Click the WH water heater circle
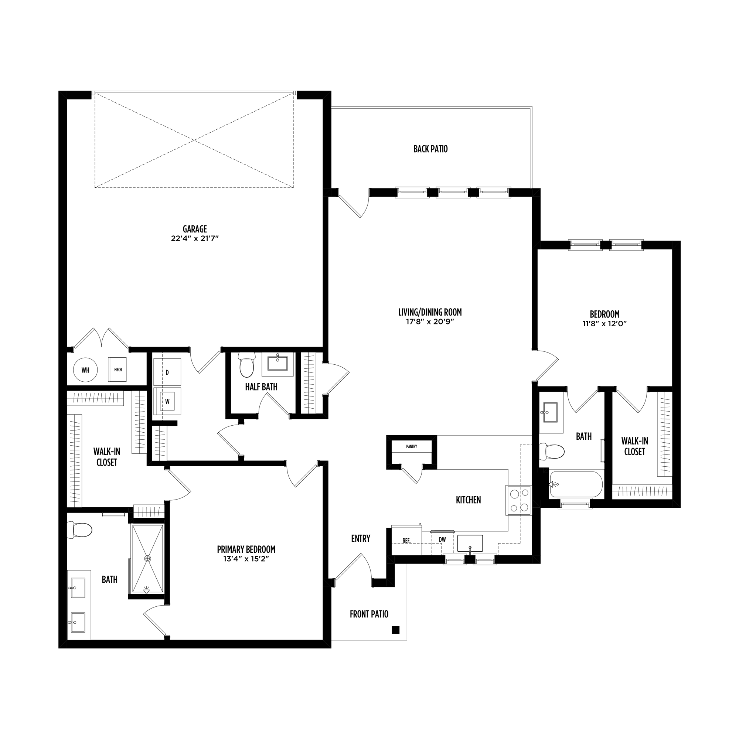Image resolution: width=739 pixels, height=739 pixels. [85, 370]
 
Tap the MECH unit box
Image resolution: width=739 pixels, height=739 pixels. [118, 369]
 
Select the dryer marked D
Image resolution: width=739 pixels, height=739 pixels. [167, 372]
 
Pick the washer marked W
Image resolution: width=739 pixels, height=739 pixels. [167, 401]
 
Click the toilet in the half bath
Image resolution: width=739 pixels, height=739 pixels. [246, 365]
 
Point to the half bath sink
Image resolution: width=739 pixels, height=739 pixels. [277, 363]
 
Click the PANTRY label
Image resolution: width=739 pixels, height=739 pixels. [412, 446]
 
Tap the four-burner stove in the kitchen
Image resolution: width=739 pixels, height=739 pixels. [519, 500]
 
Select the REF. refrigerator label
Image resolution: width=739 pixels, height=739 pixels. [406, 541]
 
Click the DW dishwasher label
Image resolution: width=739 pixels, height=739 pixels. [442, 540]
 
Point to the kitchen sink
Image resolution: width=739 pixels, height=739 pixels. [470, 544]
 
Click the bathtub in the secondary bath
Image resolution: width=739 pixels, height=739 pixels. [576, 485]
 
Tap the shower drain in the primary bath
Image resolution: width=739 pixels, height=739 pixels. [148, 559]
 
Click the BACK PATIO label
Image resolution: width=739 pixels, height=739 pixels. [430, 149]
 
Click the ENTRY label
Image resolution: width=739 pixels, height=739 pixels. [360, 539]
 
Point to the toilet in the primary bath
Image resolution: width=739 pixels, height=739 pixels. [79, 530]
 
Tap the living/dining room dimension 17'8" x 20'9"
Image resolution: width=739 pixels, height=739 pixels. [430, 322]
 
